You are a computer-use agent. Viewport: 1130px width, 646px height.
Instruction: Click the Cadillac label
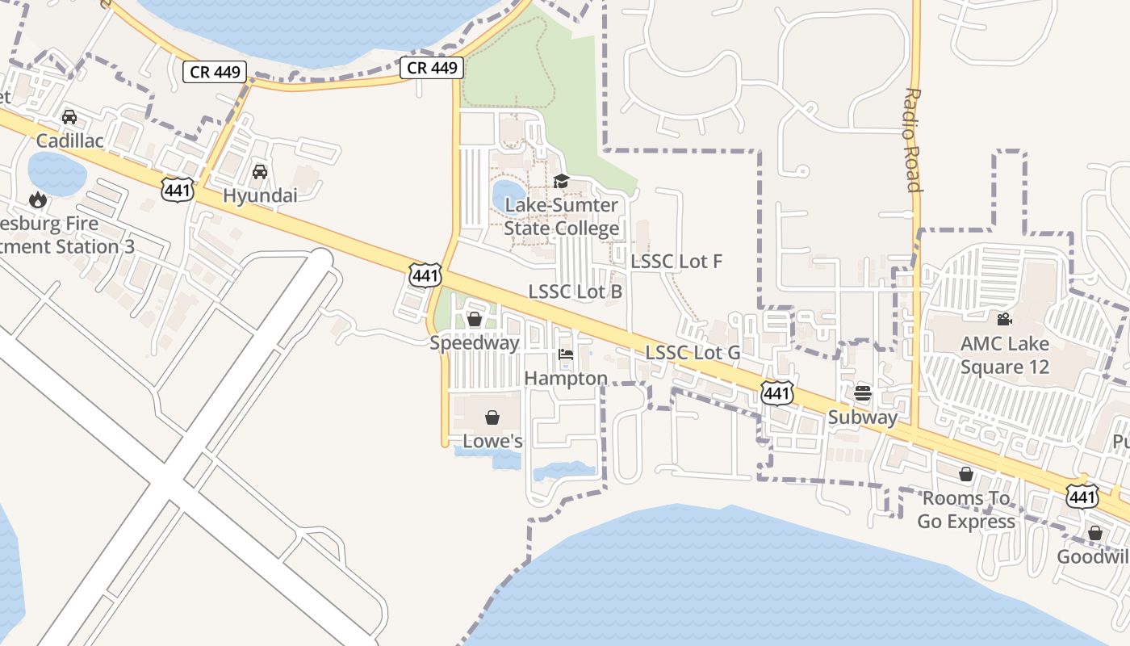pos(69,141)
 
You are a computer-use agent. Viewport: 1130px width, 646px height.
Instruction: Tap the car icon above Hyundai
pos(260,172)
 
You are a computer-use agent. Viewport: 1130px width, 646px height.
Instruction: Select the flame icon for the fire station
pos(38,199)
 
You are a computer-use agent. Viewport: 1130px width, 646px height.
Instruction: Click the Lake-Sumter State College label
pos(562,216)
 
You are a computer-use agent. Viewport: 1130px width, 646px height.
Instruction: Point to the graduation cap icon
pos(562,182)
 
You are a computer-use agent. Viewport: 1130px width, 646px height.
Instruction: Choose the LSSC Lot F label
pos(676,261)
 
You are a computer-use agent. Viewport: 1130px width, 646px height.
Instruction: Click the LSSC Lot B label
pos(575,292)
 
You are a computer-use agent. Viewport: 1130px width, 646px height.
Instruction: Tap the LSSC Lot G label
pos(693,353)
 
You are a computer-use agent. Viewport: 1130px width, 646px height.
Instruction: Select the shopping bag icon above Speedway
pos(475,319)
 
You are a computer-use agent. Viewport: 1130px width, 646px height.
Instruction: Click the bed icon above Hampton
pos(566,354)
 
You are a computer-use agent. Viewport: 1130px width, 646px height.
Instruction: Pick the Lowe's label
pos(492,441)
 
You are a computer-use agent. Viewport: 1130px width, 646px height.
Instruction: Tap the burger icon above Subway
pos(863,394)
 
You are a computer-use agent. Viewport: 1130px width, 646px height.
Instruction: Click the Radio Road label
pos(913,140)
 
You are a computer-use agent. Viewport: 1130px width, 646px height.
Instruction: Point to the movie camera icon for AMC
pos(1004,320)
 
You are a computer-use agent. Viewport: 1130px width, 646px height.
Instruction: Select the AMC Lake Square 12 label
pos(1004,355)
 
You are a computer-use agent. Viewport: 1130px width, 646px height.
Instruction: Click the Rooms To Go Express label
pos(966,510)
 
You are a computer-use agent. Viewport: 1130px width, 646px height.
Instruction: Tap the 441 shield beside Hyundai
pos(177,190)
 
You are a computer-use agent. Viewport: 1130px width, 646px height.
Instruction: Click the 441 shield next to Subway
pos(776,393)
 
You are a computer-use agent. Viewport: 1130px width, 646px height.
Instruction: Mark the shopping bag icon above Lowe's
pos(492,417)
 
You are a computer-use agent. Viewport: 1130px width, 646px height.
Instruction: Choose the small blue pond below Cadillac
pos(56,172)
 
